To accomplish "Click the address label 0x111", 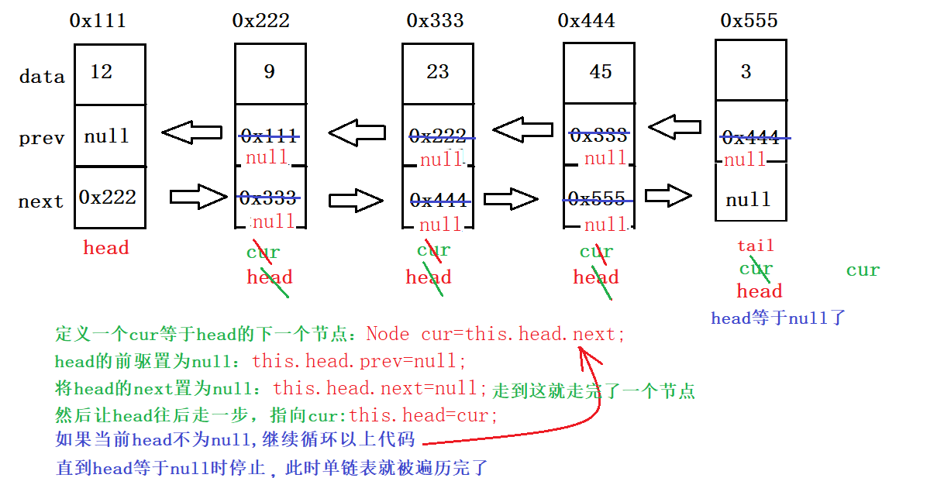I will [x=98, y=21].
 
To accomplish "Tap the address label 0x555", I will [x=749, y=21].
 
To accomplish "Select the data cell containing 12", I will [x=109, y=73].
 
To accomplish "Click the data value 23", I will [x=437, y=72].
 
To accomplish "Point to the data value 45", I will [x=600, y=72].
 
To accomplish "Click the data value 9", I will [x=269, y=72].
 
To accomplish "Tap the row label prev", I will [x=41, y=139].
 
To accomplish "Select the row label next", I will [x=41, y=201].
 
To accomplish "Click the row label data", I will [x=42, y=77].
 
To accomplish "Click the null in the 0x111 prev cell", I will [x=107, y=136].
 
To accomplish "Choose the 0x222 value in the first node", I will [x=107, y=197].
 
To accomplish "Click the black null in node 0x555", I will [x=748, y=200].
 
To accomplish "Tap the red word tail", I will [x=755, y=246].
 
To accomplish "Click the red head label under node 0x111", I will [x=106, y=248].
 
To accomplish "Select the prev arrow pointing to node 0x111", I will [x=191, y=132].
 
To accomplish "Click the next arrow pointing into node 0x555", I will [x=668, y=195].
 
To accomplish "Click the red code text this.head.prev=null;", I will [x=359, y=361].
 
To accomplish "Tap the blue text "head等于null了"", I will [x=778, y=318].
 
